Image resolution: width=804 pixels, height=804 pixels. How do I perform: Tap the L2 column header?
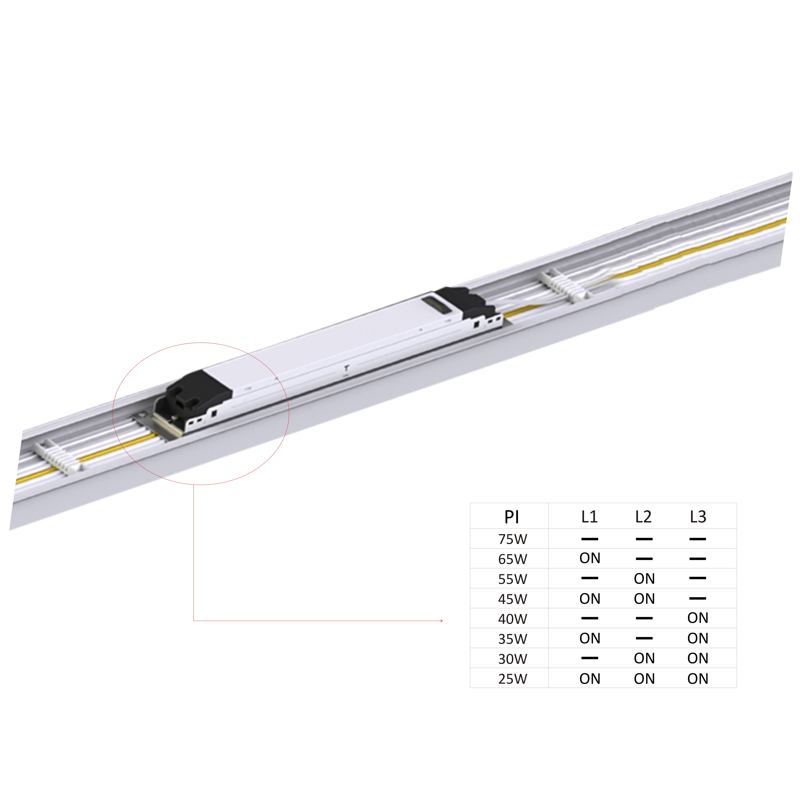(643, 517)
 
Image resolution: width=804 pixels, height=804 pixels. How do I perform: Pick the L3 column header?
(698, 517)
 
